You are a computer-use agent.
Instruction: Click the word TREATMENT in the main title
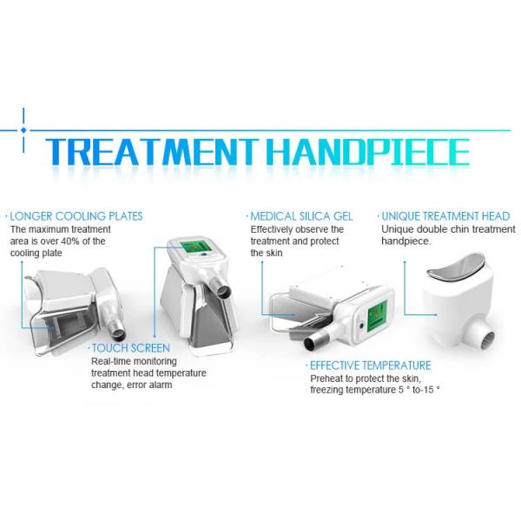tap(151, 151)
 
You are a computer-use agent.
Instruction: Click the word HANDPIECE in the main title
tap(368, 151)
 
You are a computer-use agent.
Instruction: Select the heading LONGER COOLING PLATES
tap(76, 216)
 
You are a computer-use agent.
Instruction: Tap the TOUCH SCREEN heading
tap(130, 348)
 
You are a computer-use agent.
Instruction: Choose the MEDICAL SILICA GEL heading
tap(301, 216)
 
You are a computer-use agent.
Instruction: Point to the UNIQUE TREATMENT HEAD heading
tap(445, 216)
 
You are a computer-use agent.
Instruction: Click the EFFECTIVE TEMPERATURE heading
tap(371, 366)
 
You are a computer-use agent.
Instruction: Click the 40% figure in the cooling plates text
tap(70, 241)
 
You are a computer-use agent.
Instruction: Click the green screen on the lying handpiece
tap(377, 316)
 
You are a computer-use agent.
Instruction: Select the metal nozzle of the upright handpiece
tap(220, 287)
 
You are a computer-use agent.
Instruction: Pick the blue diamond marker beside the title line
tap(23, 130)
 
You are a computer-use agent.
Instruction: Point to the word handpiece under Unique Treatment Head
tap(406, 241)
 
